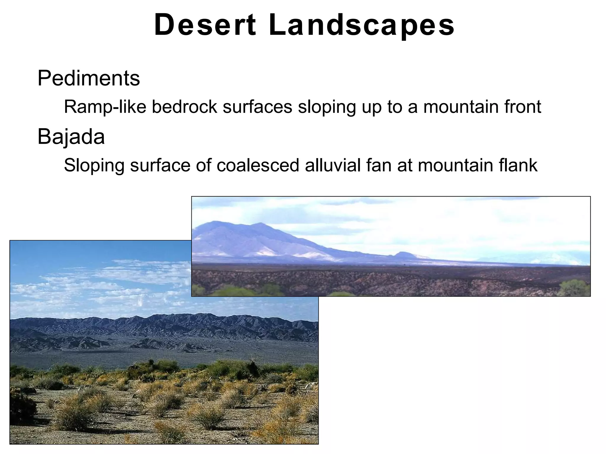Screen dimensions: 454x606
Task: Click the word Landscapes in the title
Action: click(362, 25)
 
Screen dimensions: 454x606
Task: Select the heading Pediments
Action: click(88, 78)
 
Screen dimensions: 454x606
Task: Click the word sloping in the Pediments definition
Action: click(327, 107)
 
